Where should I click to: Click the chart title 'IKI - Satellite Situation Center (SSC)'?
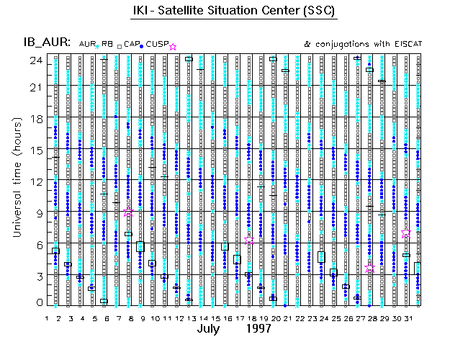(234, 12)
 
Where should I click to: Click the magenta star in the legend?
(173, 47)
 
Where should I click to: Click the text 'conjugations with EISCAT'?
(368, 44)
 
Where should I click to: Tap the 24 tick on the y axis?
(34, 60)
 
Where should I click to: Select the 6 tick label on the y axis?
(37, 244)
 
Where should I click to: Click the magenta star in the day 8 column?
(128, 213)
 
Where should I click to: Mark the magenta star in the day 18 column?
(249, 240)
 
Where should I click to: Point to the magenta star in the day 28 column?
(369, 268)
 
